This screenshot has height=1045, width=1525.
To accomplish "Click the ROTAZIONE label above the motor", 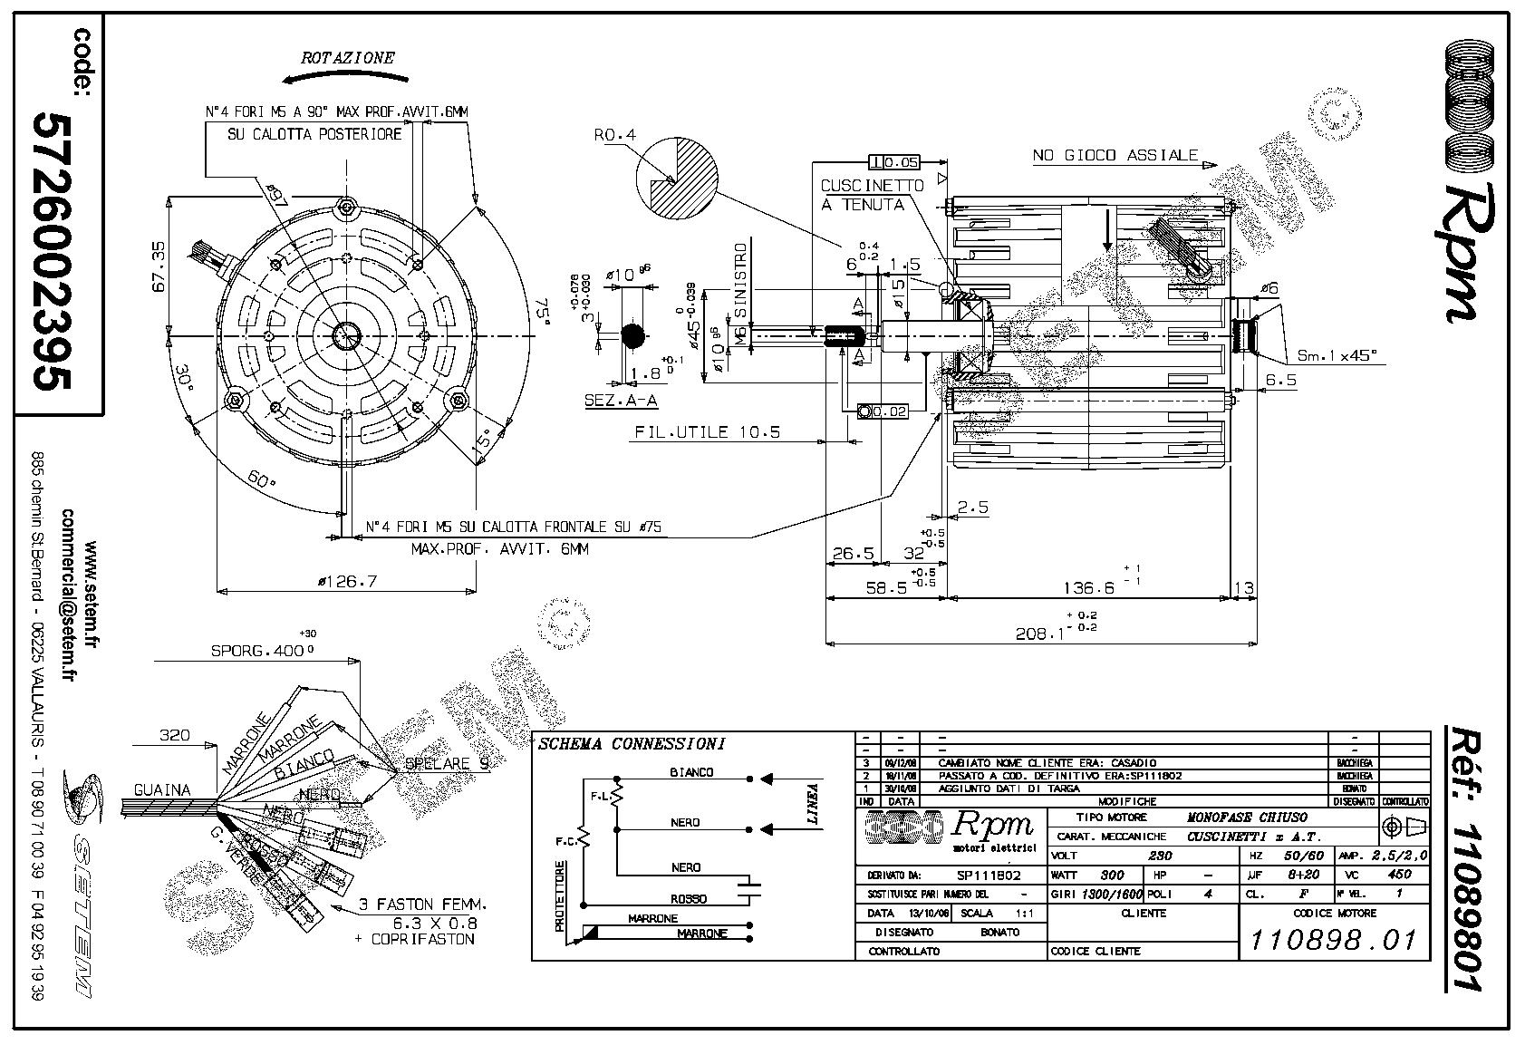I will point(349,57).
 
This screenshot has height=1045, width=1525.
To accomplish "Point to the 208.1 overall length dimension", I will point(1038,634).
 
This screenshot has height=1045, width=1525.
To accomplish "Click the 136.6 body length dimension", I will point(1088,588).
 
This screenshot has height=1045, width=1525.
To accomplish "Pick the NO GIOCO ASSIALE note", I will point(1115,156).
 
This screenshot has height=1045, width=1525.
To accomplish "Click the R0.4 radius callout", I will point(615,135).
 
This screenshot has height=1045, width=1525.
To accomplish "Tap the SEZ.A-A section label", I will point(621,400).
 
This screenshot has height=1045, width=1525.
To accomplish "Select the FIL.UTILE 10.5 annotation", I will point(707,432).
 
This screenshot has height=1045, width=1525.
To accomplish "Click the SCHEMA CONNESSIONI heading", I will point(632,744).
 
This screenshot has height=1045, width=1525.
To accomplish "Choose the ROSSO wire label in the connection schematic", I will point(690,899).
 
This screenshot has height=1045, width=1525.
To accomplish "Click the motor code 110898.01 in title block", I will point(1333,940).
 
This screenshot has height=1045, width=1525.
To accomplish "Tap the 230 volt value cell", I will point(1160,855).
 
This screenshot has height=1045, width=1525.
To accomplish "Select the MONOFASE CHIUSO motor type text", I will point(1247,817).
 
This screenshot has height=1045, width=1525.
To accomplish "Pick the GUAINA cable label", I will point(162,789).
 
